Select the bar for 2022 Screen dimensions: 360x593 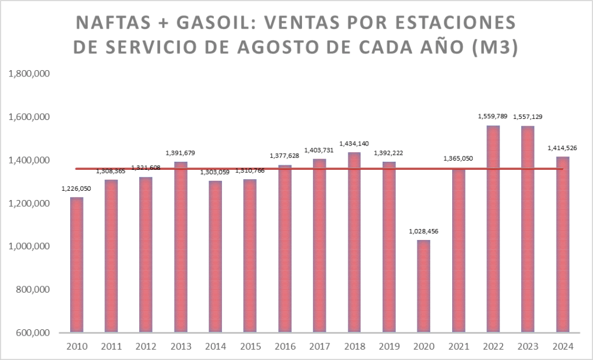pyautogui.click(x=493, y=229)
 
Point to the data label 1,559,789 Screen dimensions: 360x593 pyautogui.click(x=493, y=116)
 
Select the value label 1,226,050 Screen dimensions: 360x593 pyautogui.click(x=76, y=188)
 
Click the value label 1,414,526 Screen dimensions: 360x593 pyautogui.click(x=562, y=148)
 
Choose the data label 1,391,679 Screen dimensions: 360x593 pyautogui.click(x=180, y=153)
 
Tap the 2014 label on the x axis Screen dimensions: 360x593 pyautogui.click(x=215, y=347)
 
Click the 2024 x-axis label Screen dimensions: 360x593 pyautogui.click(x=562, y=347)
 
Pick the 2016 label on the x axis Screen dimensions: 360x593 pyautogui.click(x=285, y=347)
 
